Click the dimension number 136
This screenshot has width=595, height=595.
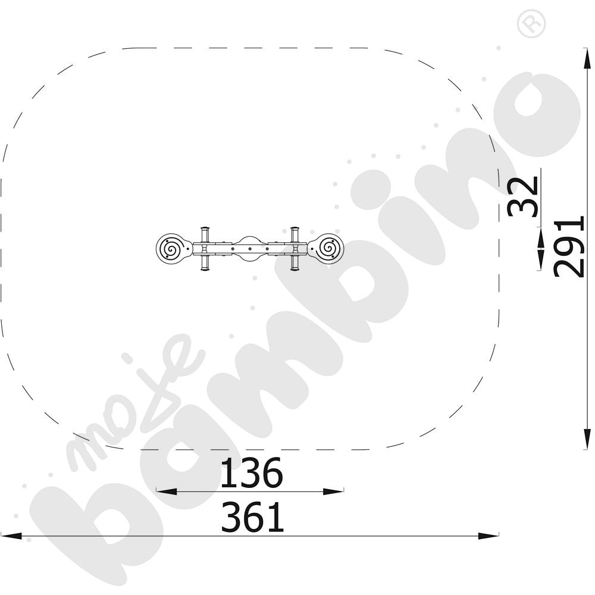point(252,473)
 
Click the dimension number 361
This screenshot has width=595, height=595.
point(252,516)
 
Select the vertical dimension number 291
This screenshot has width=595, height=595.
point(568,247)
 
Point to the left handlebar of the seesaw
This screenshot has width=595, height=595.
point(205,249)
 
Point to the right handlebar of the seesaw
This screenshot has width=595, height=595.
point(295,249)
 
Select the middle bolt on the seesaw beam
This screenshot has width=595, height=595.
point(250,249)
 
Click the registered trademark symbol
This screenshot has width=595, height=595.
point(531,24)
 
